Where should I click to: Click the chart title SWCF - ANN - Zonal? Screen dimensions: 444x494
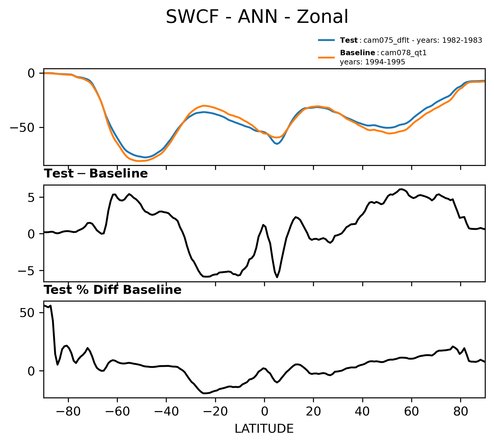[x=257, y=17]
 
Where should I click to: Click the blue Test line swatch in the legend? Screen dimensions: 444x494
[x=327, y=40]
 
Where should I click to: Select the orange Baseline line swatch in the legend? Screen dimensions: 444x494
[x=327, y=58]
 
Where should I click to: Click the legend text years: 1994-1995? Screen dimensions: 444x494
[x=372, y=62]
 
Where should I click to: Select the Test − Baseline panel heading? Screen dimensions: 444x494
[x=96, y=174]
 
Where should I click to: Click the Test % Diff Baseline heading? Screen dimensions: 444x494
[x=113, y=290]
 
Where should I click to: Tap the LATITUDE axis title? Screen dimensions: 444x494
[x=264, y=429]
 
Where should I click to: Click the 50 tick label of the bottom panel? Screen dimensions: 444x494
[x=27, y=313]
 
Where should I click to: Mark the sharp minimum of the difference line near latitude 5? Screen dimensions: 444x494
[x=277, y=277]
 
